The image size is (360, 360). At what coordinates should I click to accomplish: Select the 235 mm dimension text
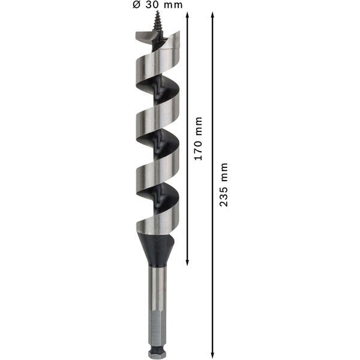point(224,185)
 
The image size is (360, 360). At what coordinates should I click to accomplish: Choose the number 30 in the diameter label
point(154,5)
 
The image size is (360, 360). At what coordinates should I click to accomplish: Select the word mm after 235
point(224,172)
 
